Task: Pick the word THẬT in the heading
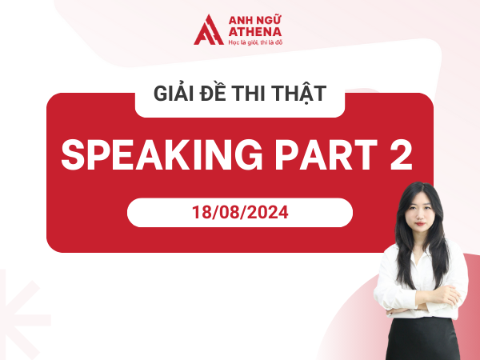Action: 301,94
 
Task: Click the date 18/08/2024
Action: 239,214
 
